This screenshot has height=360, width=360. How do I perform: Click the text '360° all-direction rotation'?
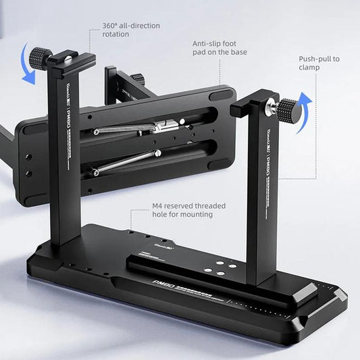[131, 30]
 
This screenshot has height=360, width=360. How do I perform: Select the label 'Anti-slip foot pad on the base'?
[220, 47]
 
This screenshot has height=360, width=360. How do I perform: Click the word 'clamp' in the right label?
[310, 68]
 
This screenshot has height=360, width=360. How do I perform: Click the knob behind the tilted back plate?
[138, 78]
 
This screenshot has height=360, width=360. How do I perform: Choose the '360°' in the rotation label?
[111, 26]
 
